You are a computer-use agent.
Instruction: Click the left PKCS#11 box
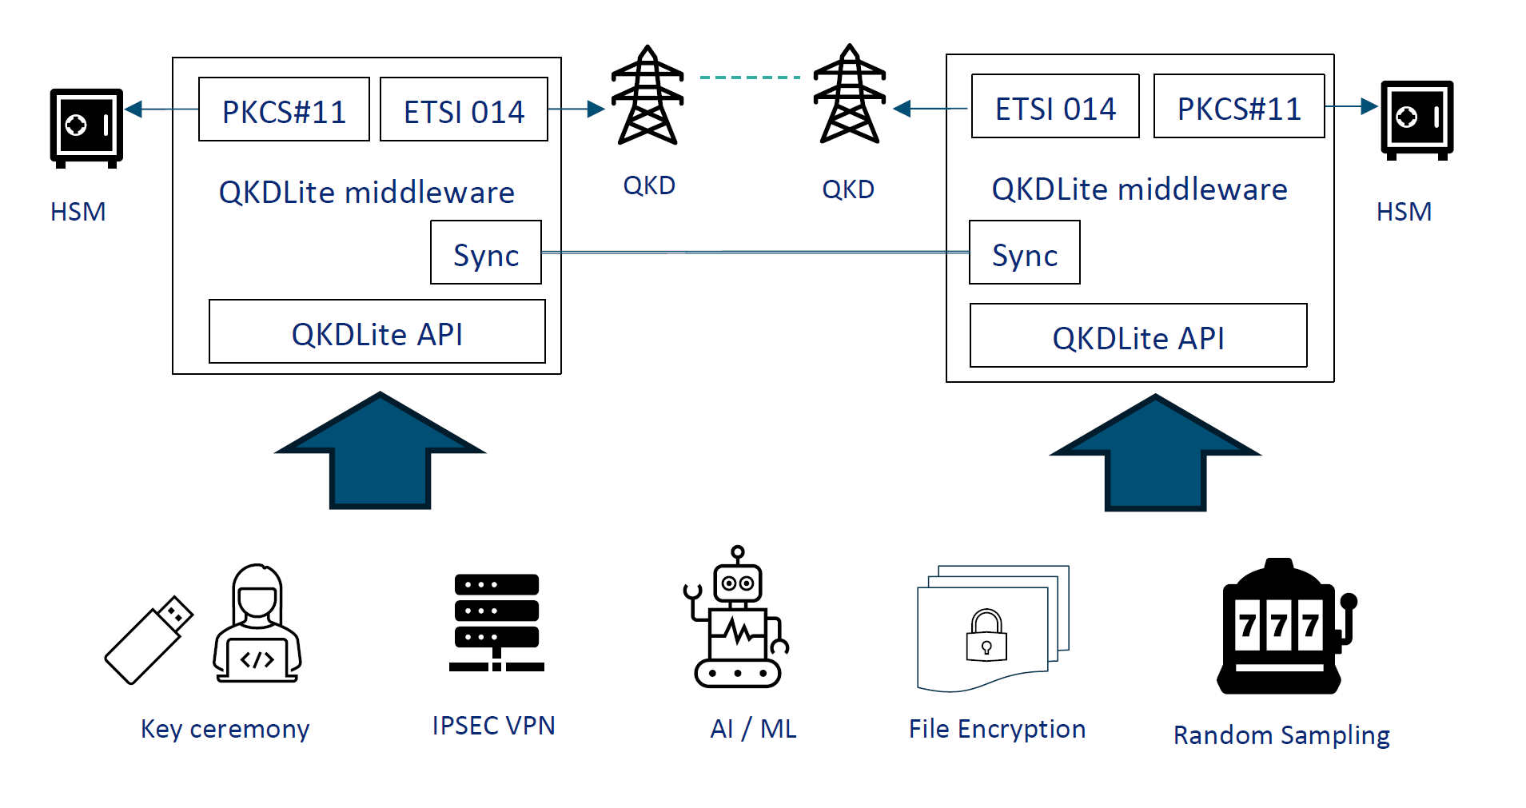tap(284, 109)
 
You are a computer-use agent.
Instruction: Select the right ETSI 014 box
tap(1054, 106)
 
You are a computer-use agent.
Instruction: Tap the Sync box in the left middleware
tap(485, 253)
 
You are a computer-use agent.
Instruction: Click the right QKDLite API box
tap(1138, 336)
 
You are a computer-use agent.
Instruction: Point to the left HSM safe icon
tap(86, 127)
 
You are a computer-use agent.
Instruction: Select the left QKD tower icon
tap(647, 96)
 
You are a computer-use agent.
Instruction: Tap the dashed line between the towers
tap(749, 78)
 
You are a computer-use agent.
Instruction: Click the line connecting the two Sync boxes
tap(755, 252)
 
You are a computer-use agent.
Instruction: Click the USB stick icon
tap(149, 640)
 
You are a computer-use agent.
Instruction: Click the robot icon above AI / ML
tap(737, 619)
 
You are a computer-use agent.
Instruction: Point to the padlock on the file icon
tap(986, 636)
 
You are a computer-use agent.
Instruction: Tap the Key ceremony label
tap(225, 729)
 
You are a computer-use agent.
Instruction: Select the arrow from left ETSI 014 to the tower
tap(576, 109)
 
